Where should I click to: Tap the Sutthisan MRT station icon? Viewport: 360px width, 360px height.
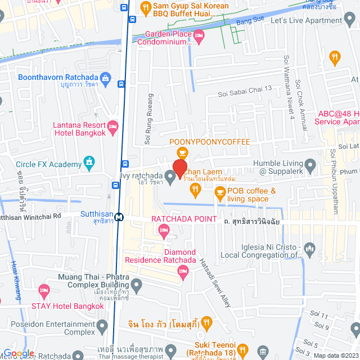119,217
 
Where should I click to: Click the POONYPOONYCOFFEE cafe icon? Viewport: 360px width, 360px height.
182,152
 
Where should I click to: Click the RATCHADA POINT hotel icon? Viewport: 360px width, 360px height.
164,228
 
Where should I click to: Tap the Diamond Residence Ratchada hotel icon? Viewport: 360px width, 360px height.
182,271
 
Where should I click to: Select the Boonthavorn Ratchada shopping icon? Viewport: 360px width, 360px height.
105,77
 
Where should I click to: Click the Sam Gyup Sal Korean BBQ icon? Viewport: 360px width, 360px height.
145,8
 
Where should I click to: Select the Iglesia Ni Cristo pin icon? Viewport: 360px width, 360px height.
308,248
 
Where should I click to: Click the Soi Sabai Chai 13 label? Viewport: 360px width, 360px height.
245,89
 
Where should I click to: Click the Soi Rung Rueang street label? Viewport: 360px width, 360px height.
147,127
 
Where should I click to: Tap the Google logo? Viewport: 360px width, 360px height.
19,353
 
